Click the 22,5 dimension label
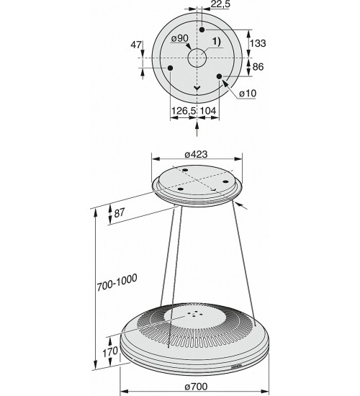coord(220,4)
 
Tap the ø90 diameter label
coord(179,38)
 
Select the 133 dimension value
coord(258,43)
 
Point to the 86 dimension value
coord(258,67)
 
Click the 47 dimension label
coord(136,45)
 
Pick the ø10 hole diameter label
coord(248,94)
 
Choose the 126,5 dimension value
coord(184,111)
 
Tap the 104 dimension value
coord(208,111)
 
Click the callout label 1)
coord(216,42)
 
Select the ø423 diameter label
coord(196,154)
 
